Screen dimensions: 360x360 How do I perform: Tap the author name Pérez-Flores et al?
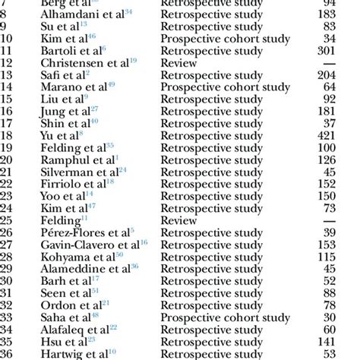coord(84,231)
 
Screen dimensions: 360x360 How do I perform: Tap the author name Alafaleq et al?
coord(75,327)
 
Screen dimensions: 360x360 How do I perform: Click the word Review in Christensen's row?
coord(179,63)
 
